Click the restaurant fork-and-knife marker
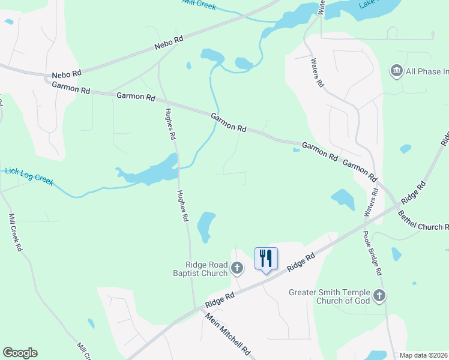tap(266, 259)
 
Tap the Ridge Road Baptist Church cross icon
tap(237, 268)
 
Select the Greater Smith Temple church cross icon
tap(379, 295)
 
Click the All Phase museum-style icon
tap(396, 71)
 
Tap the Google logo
tap(20, 353)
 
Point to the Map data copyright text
tap(424, 355)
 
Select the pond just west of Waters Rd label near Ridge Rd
tap(342, 199)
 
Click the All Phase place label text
tap(427, 72)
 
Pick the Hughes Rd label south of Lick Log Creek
tap(182, 205)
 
